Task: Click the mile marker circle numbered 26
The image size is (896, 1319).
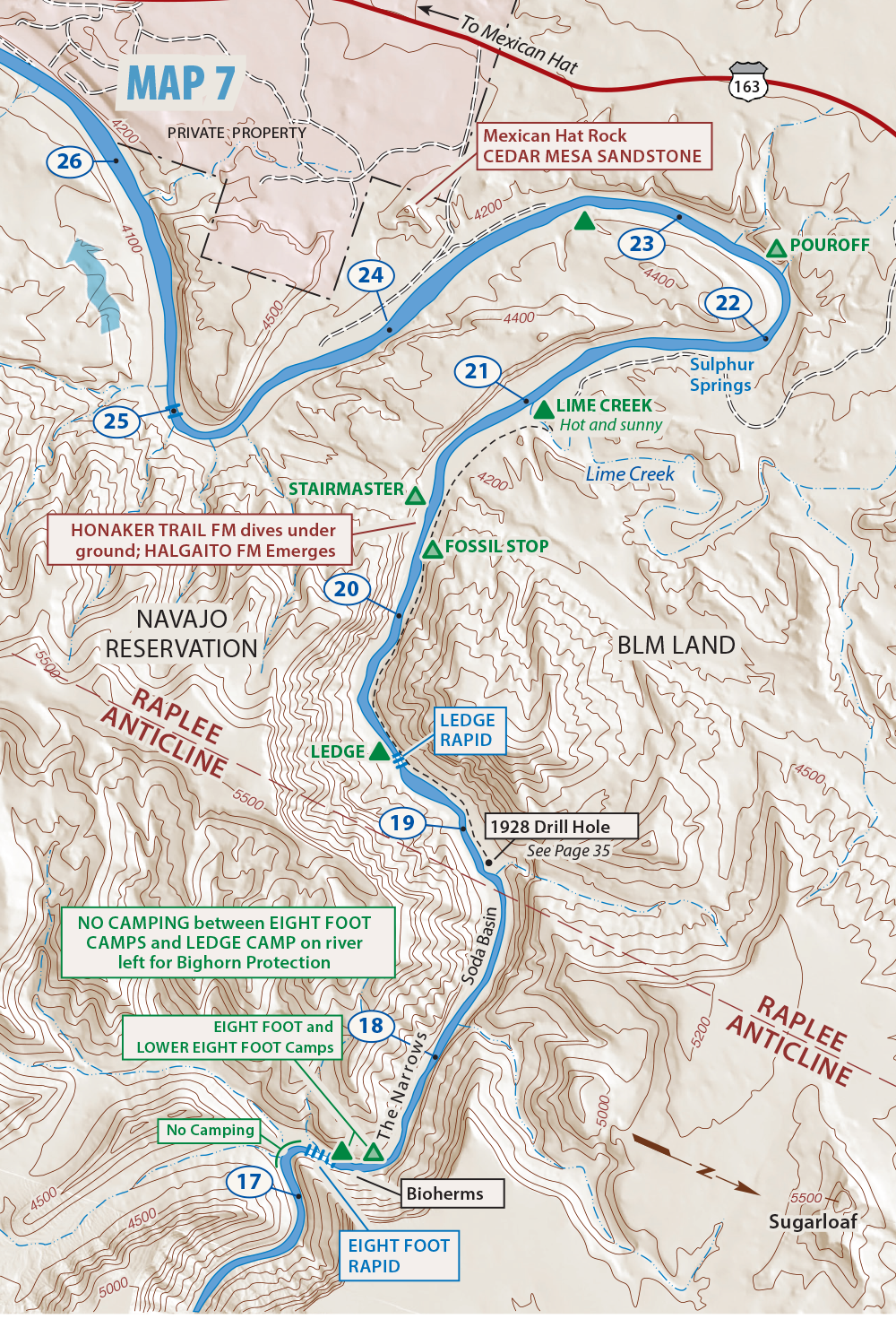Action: (x=70, y=161)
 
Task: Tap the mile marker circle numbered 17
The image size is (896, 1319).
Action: (x=248, y=1182)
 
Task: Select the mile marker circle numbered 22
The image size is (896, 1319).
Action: (x=728, y=303)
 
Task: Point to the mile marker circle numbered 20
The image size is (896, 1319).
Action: (x=347, y=589)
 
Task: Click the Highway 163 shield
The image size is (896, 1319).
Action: (x=747, y=82)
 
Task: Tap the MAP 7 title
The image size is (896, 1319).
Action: (x=180, y=84)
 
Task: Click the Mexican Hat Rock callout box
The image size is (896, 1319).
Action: (x=592, y=146)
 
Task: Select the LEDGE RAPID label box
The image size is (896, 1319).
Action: (x=468, y=730)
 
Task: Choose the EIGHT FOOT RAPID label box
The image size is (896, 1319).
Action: (x=398, y=1255)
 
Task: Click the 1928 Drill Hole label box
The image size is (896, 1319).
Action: (x=561, y=827)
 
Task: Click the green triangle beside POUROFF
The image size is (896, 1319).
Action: (x=776, y=248)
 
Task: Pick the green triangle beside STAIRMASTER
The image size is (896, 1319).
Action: (x=415, y=495)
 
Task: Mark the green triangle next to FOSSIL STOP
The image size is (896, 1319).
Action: (x=432, y=550)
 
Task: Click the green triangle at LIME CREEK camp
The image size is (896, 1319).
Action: (x=543, y=411)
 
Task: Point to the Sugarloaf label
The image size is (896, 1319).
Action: (x=812, y=1221)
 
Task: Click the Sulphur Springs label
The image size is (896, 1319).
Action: (x=721, y=375)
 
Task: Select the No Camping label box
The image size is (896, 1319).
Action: (x=211, y=1130)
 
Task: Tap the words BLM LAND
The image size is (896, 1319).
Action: (x=676, y=646)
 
